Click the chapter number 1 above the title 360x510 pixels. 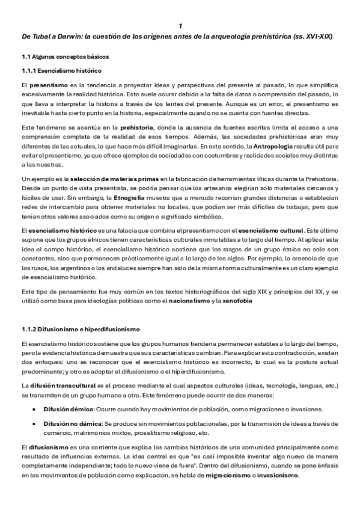pyautogui.click(x=180, y=26)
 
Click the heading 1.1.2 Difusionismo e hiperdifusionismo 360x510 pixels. pyautogui.click(x=80, y=330)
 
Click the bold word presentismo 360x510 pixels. pyautogui.click(x=49, y=85)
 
